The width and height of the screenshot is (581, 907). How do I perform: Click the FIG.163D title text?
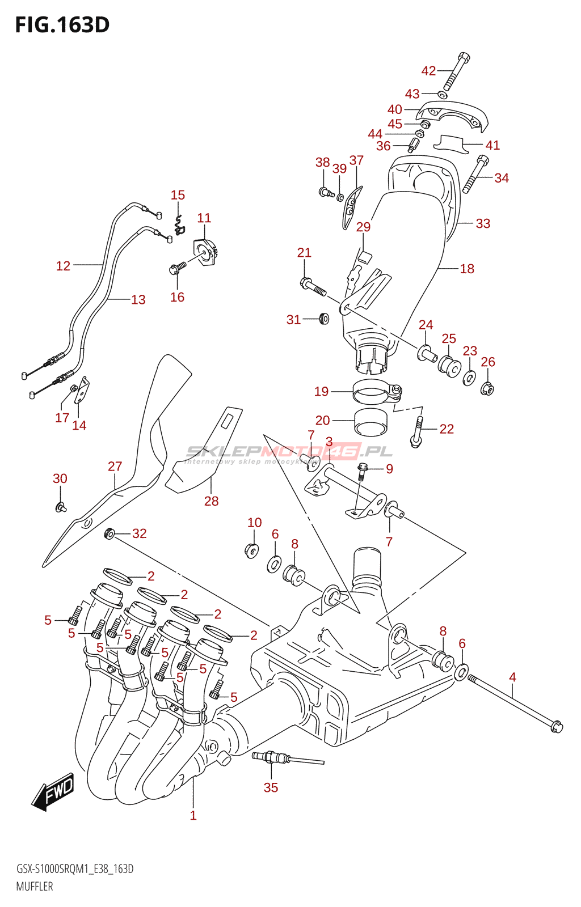[62, 25]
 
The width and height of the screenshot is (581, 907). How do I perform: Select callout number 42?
[428, 71]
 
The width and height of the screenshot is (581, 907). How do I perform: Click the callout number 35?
[271, 787]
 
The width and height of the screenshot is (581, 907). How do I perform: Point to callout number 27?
[115, 466]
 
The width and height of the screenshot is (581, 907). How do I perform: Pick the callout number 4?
[512, 677]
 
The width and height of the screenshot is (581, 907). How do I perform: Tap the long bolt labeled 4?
[513, 702]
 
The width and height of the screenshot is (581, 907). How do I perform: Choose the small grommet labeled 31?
[324, 319]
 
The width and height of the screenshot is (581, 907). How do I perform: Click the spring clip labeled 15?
[179, 225]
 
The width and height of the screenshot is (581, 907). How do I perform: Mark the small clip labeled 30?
[60, 507]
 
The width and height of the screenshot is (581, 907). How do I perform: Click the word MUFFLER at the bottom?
[35, 886]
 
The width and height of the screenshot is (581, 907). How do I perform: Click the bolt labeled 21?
[311, 286]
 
